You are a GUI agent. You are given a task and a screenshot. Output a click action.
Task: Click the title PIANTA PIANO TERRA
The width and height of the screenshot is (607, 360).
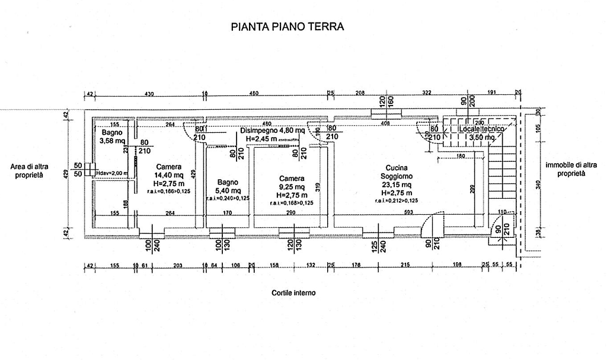pos(287,27)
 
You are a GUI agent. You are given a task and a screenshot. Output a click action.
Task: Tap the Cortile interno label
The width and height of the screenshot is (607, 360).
pos(293,292)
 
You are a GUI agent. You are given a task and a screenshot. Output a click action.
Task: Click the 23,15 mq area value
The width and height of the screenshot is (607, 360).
pos(395,185)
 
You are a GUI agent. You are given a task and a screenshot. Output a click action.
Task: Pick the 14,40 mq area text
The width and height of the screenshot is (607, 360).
pos(169,176)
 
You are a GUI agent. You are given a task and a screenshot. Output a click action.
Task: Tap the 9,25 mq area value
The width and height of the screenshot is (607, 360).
pos(292,187)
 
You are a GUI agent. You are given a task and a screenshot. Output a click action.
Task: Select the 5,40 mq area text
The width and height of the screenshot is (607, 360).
pos(228,190)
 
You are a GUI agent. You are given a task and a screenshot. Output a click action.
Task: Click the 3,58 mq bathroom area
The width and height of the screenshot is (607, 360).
pos(112,141)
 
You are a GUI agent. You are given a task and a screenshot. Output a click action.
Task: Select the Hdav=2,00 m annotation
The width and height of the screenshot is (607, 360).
pos(111,173)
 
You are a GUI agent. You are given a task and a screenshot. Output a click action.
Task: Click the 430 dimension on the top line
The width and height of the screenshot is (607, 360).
pos(149,94)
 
